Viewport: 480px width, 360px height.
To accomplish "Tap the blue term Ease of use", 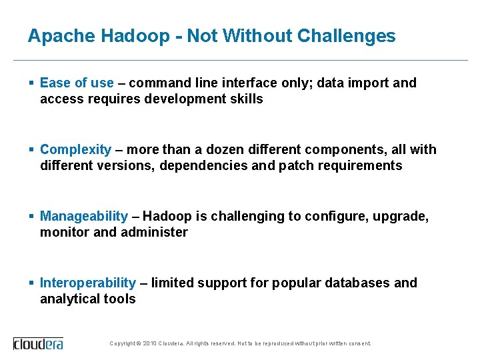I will (77, 83).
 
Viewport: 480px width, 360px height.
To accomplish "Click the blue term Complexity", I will (75, 149).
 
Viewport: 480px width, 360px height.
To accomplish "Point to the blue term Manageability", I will (83, 216).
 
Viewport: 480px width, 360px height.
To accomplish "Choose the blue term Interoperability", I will (88, 283).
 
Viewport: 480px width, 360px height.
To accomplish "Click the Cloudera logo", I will (39, 343).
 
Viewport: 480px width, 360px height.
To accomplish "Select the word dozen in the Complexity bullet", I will (228, 149).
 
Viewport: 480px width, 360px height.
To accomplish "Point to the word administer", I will (155, 232).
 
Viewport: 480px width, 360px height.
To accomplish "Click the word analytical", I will (71, 299).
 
